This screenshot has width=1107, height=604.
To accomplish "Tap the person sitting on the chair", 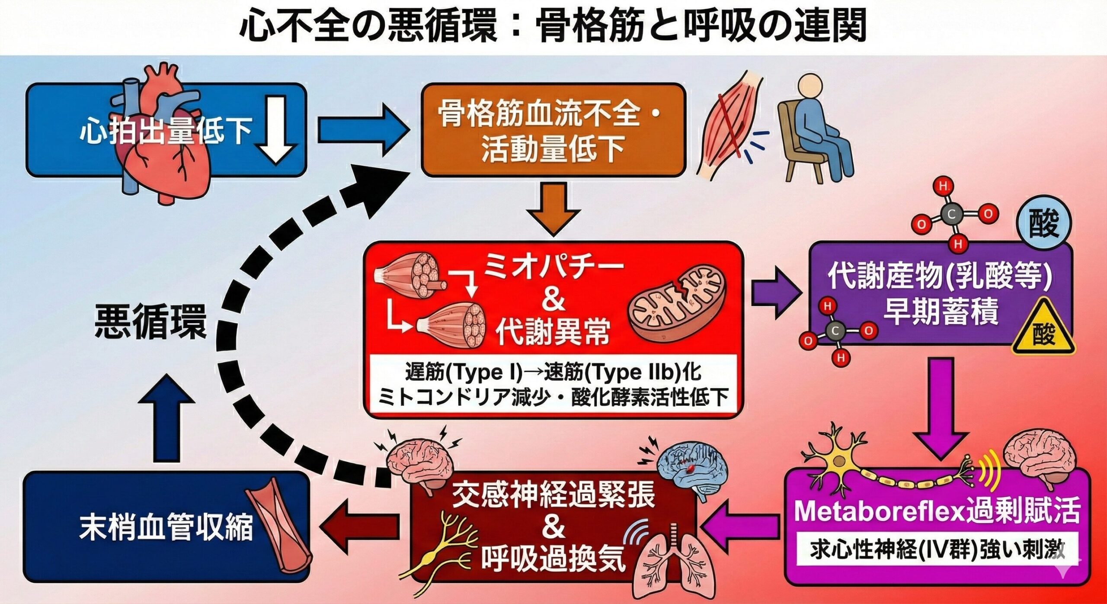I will click(813, 130).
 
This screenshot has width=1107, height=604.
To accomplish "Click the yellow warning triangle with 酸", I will click(1043, 329).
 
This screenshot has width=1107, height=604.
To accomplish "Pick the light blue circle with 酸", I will click(1043, 224).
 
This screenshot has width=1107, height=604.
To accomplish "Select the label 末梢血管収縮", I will click(166, 527).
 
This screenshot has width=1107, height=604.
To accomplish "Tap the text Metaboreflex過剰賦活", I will click(936, 511).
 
